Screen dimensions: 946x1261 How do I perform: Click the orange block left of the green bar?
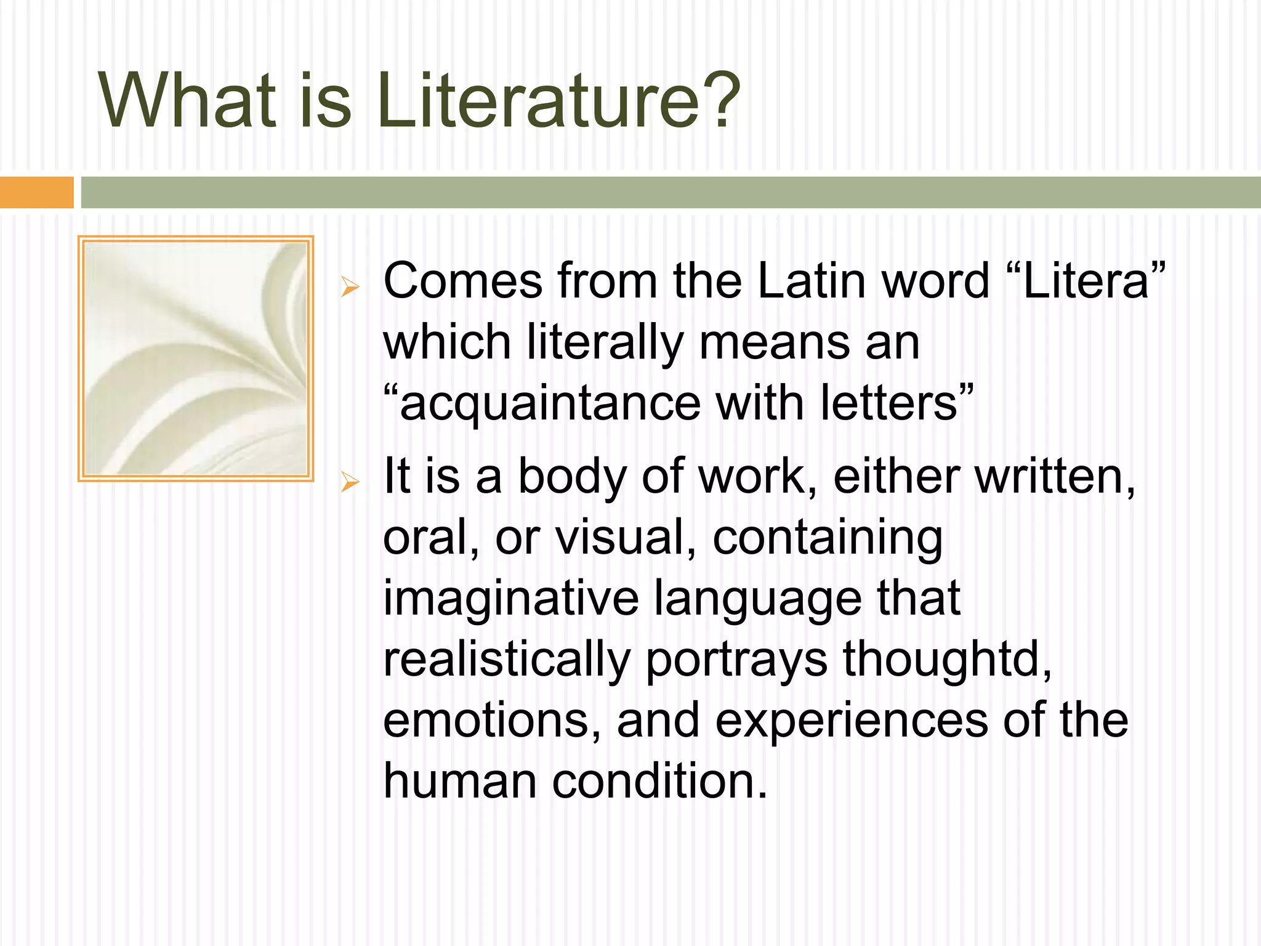(36, 192)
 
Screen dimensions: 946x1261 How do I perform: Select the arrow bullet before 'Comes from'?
(350, 286)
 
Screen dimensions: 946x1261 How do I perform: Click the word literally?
(605, 342)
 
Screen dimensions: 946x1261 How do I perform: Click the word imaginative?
(511, 599)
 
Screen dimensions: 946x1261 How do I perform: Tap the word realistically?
(507, 659)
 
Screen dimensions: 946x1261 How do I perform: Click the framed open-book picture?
(196, 358)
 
